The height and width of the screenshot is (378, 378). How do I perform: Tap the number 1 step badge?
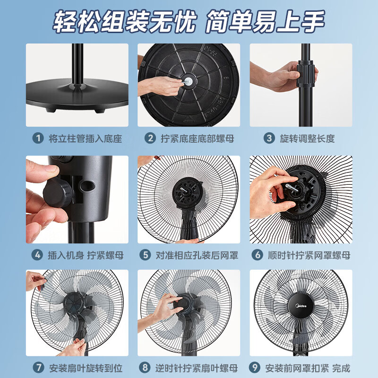[38, 138]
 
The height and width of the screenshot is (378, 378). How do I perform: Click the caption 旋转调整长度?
[307, 138]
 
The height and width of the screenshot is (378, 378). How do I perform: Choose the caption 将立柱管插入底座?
[85, 138]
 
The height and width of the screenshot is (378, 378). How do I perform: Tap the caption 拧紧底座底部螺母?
[197, 138]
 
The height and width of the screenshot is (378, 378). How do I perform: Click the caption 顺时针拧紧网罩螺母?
[309, 256]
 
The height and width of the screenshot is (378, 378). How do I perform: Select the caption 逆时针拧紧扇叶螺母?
[197, 368]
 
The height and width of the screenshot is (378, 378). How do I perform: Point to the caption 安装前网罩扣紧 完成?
[308, 368]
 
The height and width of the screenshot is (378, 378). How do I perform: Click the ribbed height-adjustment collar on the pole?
[307, 74]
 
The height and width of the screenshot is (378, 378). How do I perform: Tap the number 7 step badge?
[38, 368]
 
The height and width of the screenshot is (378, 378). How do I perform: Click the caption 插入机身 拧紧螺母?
[85, 256]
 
